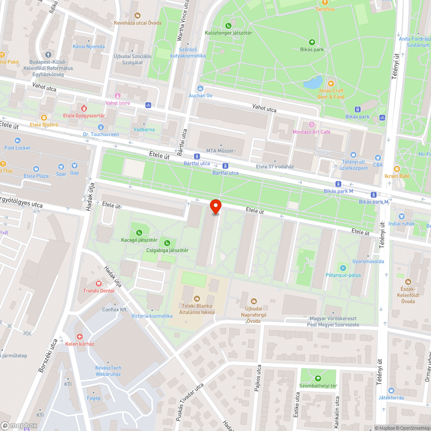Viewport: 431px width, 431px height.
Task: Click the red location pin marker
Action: (x=215, y=206)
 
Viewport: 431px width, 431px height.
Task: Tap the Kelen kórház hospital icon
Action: (x=79, y=336)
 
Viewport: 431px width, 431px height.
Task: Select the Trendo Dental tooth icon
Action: (x=99, y=283)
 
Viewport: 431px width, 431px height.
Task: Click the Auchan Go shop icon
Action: (x=200, y=88)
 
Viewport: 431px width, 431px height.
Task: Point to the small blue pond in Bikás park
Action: (x=313, y=82)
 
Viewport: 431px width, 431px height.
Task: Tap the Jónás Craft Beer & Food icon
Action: (x=331, y=83)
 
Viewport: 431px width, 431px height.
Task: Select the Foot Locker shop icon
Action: (x=18, y=141)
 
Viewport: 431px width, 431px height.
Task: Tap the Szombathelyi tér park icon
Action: (x=319, y=378)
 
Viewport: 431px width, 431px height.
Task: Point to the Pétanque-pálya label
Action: (x=343, y=275)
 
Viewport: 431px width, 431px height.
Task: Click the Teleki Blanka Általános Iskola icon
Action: (x=197, y=298)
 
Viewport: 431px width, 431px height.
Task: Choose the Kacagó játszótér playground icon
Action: (x=139, y=233)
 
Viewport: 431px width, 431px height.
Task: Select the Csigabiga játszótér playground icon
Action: (x=167, y=243)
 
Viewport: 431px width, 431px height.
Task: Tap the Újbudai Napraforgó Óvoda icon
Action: (x=253, y=300)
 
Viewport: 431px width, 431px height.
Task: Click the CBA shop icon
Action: (x=378, y=158)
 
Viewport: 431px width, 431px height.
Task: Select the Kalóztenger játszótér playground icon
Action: (x=228, y=25)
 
